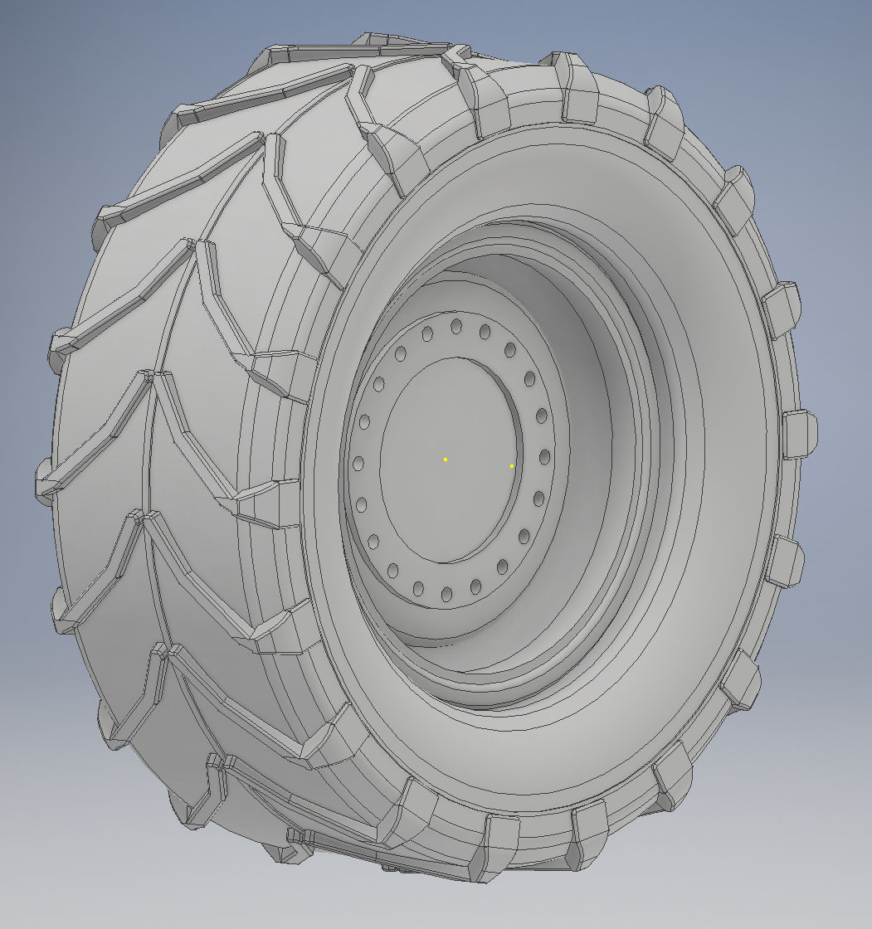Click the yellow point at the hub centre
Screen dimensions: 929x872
click(x=446, y=459)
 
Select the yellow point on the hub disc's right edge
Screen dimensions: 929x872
click(x=512, y=466)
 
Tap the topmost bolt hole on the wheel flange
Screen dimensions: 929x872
click(x=455, y=326)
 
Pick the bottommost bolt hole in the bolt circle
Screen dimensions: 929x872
click(x=446, y=594)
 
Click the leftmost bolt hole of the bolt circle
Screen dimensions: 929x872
click(x=358, y=463)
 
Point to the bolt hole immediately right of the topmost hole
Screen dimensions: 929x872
click(x=485, y=332)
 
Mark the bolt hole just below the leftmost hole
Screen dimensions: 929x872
click(x=362, y=504)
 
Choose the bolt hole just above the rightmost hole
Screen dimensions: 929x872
click(x=541, y=416)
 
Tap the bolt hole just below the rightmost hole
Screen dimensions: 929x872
click(x=538, y=499)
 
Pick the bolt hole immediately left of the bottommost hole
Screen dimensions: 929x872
click(x=418, y=588)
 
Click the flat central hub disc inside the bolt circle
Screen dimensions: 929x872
click(x=440, y=498)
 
